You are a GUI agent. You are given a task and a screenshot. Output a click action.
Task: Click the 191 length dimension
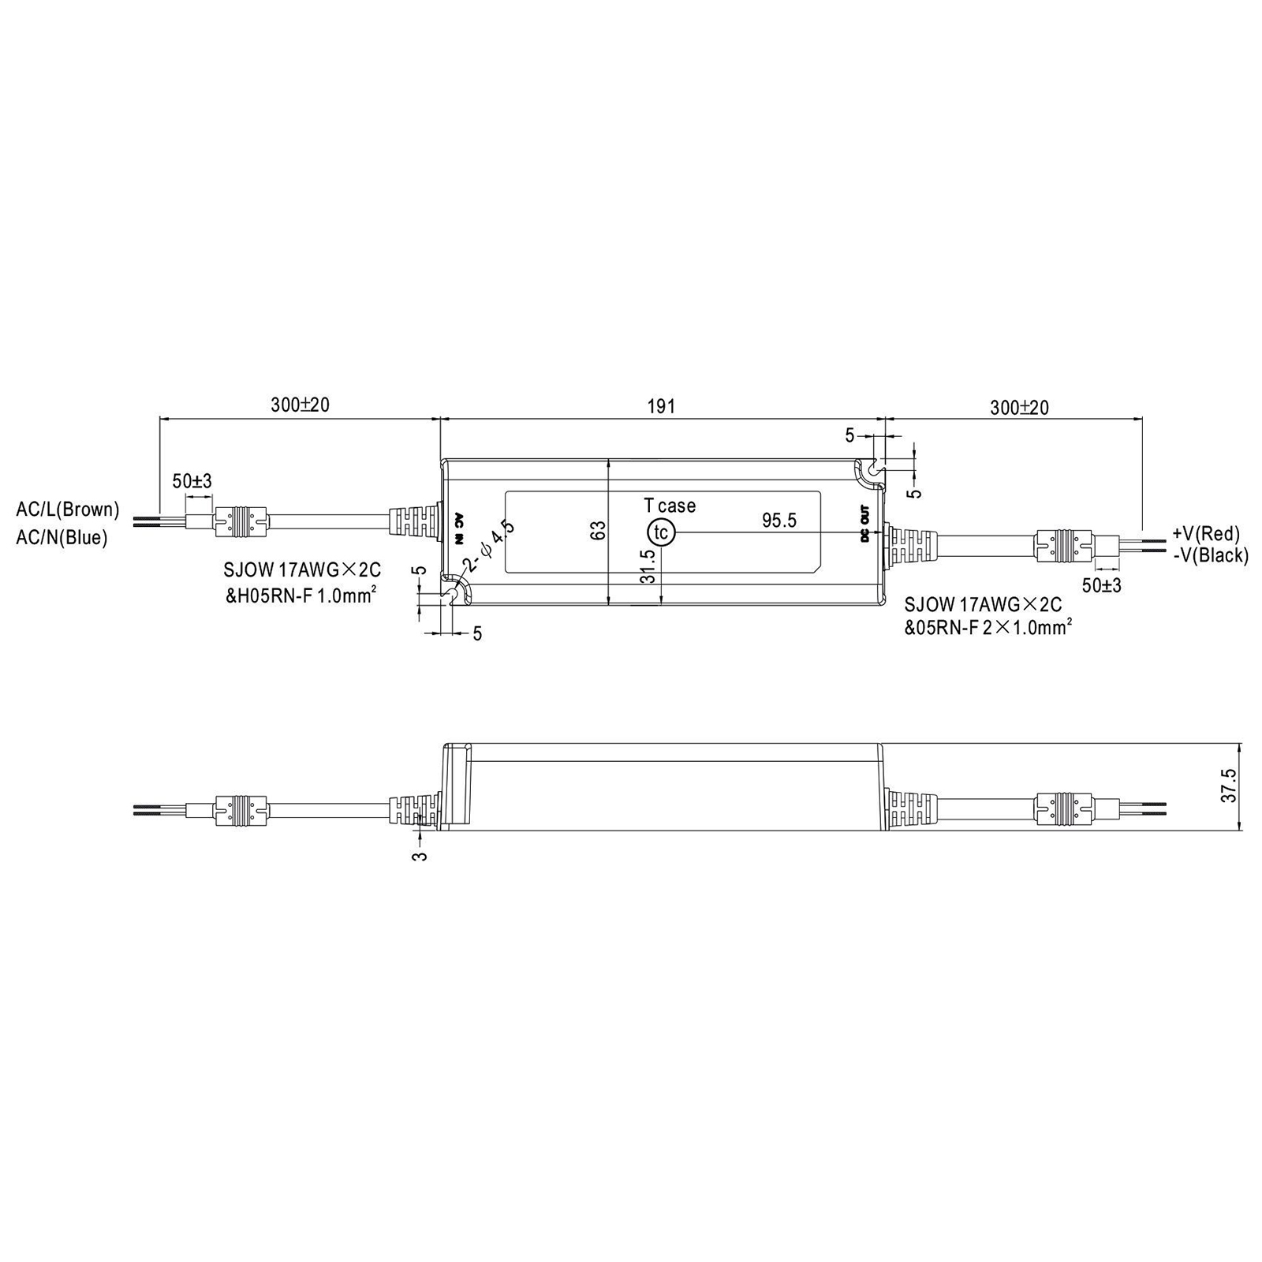(662, 406)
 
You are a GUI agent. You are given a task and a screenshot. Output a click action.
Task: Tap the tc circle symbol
(661, 532)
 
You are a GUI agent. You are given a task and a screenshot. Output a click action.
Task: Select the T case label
(670, 506)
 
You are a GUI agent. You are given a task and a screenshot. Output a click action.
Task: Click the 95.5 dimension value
(779, 521)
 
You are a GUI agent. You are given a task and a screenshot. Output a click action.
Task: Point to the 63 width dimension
(599, 530)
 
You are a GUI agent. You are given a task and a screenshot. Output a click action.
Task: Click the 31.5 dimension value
(648, 566)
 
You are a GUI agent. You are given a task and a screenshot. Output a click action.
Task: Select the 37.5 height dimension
(1229, 786)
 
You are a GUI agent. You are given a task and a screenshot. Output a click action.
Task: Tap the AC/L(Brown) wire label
(68, 510)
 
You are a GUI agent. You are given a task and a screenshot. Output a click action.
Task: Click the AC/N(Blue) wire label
(62, 538)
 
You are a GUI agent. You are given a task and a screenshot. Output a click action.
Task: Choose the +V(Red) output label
(1206, 534)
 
